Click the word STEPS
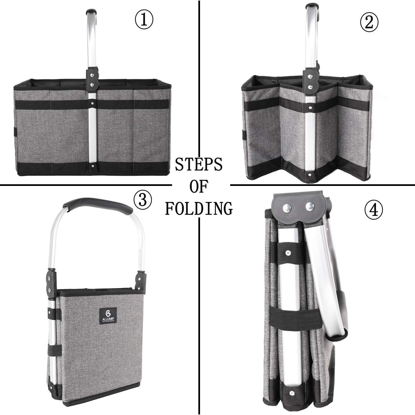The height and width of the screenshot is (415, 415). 199,165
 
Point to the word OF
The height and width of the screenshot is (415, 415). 199,187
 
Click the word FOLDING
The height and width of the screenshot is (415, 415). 199,209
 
